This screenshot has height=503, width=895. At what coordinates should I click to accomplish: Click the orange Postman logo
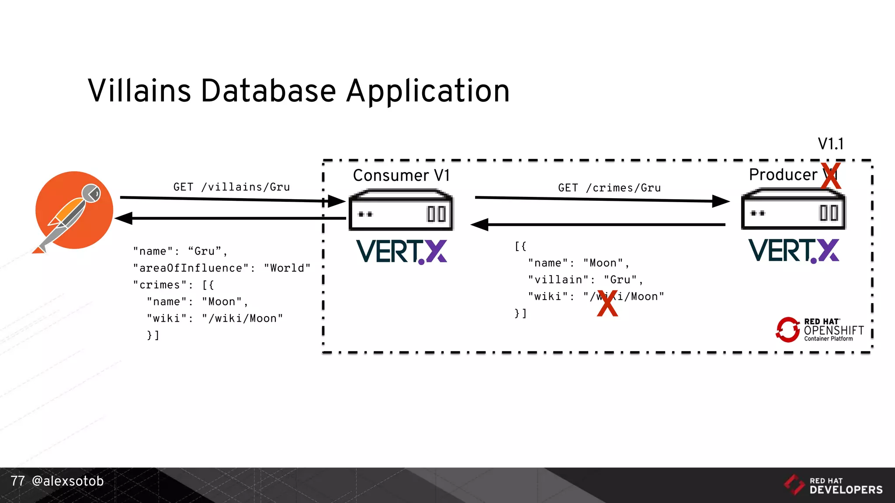tap(74, 210)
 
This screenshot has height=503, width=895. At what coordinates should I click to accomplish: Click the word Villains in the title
tap(139, 91)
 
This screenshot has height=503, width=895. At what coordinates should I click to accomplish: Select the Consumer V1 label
tap(401, 176)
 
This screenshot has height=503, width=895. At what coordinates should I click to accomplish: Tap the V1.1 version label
tap(830, 144)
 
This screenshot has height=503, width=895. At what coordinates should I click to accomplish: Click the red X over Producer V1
tap(831, 176)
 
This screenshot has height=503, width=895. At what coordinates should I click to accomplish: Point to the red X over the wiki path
tap(607, 303)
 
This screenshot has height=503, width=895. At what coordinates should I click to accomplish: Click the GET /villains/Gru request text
tap(232, 187)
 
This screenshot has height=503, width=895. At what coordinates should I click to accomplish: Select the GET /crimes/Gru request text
tap(609, 188)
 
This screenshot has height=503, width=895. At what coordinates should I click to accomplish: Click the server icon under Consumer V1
tap(401, 210)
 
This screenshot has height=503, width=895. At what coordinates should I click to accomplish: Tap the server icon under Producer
tap(793, 209)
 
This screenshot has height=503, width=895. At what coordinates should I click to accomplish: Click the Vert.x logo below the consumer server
tap(401, 252)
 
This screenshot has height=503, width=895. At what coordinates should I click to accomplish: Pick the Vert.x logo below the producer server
tap(794, 251)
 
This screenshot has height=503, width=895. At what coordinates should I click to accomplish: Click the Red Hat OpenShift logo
tap(820, 330)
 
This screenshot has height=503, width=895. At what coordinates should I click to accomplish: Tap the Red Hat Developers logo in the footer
tap(833, 485)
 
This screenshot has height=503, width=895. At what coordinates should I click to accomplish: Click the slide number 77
tap(18, 481)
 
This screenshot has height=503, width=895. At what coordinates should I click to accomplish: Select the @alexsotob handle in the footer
tap(68, 481)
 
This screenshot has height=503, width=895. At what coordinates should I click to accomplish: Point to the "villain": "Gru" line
tap(585, 280)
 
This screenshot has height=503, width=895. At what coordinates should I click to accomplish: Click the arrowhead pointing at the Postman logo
tap(124, 218)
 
